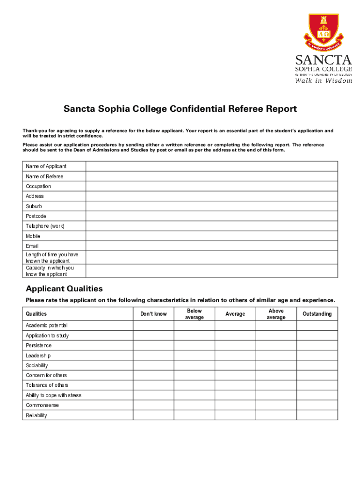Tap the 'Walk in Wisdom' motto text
pos(323,80)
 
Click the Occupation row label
pos(38,186)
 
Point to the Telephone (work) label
pos(45,226)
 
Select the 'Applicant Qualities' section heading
pos(64,289)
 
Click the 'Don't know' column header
pos(153,314)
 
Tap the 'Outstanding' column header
pos(317,314)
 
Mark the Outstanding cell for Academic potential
pos(317,326)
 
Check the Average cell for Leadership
pos(235,356)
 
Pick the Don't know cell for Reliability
pos(153,415)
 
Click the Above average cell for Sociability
pos(276,365)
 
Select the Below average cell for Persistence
pos(194,346)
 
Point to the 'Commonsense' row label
pos(42,405)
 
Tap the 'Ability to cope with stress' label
pos(53,395)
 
